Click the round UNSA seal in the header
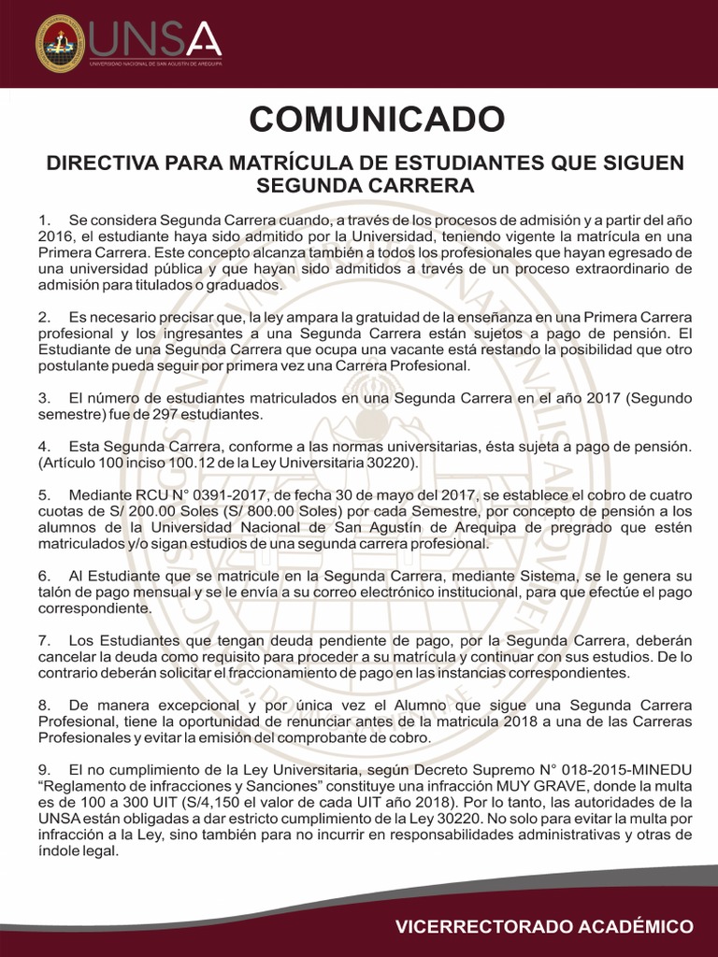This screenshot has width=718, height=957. tap(60, 43)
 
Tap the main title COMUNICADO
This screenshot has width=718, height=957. tap(377, 119)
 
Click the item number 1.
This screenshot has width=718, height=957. tap(43, 219)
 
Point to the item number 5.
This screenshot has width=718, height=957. tap(43, 494)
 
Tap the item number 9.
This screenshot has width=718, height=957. tap(43, 769)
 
